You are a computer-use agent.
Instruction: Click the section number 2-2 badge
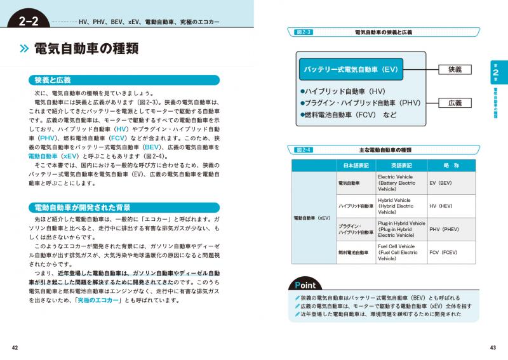(x=29, y=23)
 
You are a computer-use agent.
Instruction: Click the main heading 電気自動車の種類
(x=86, y=50)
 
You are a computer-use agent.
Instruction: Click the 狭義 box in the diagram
(x=455, y=69)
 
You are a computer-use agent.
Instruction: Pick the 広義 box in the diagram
(x=455, y=103)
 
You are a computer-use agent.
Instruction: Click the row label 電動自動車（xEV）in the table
(x=314, y=217)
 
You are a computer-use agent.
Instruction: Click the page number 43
(x=492, y=347)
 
